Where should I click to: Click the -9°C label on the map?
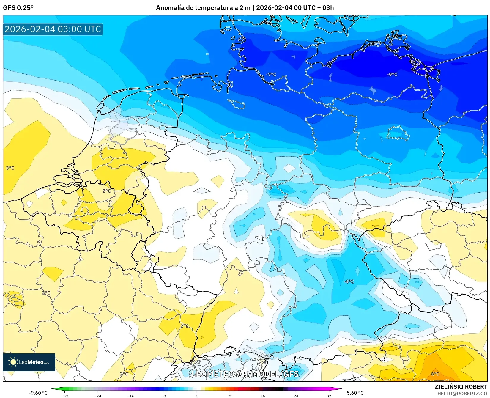(392, 75)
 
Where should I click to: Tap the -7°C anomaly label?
(271, 75)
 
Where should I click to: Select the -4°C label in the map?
(349, 281)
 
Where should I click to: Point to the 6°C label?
(435, 374)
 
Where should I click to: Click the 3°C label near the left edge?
(10, 168)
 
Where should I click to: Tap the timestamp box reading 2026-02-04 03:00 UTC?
(53, 29)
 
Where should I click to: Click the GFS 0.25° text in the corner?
(18, 8)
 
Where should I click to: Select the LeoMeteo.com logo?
(29, 362)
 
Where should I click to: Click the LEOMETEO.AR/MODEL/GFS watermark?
(245, 374)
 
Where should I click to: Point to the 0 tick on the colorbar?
(197, 396)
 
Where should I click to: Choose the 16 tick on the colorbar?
(263, 396)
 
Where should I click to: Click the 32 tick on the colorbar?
(329, 396)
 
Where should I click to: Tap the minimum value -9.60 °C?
(38, 393)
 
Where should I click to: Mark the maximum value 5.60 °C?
(355, 393)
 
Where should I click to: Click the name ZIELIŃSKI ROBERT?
(461, 387)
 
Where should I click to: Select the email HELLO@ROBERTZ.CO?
(462, 393)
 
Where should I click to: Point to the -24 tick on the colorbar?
(97, 396)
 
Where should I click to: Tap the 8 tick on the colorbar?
(230, 396)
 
